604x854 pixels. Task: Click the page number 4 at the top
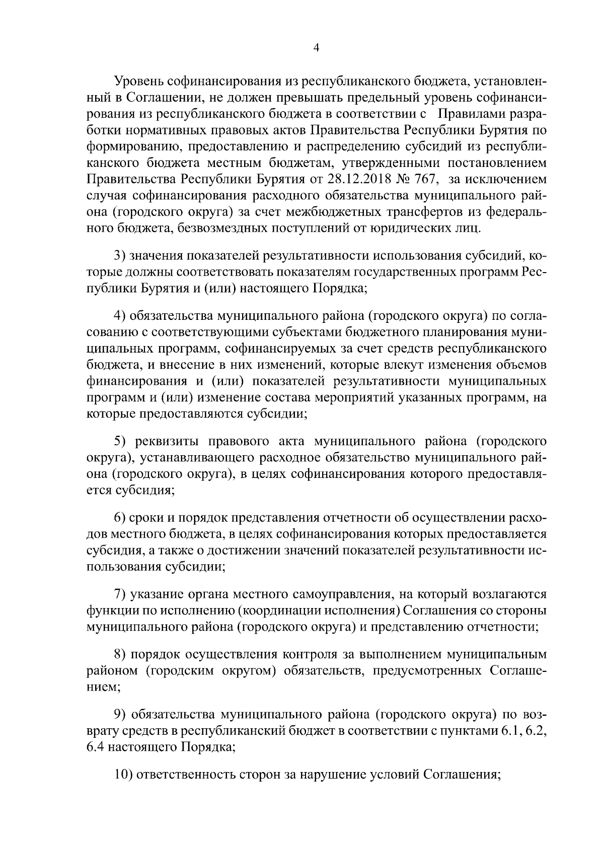coord(316,48)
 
